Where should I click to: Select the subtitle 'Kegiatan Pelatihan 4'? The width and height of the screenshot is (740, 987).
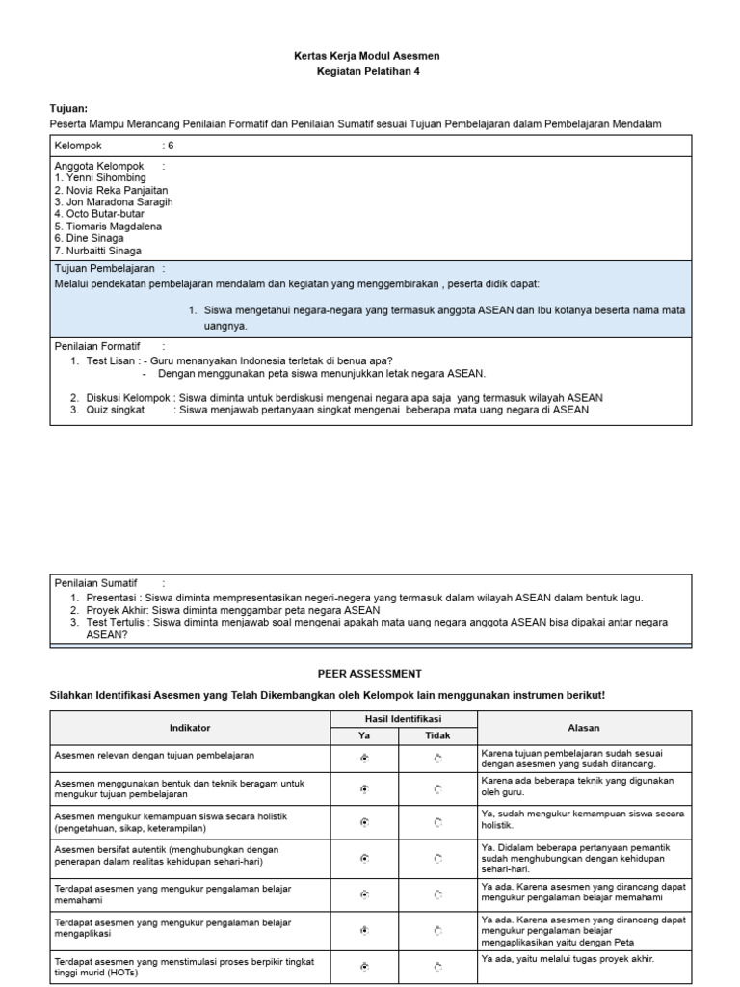pos(369,71)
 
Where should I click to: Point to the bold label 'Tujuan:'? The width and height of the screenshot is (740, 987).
pos(68,108)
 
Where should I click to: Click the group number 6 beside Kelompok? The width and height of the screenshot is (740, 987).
pos(171,146)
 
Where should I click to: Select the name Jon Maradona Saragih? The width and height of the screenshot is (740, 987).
pos(114,202)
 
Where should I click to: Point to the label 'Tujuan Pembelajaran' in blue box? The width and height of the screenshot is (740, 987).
pos(105,268)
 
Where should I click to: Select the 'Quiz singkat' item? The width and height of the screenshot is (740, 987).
pos(117,409)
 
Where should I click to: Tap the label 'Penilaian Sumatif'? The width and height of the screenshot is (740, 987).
pos(96,583)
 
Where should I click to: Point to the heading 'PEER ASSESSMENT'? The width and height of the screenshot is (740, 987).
pos(369,674)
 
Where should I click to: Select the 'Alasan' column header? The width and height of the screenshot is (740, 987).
pos(584,728)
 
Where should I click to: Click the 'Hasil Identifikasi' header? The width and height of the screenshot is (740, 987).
pos(403,720)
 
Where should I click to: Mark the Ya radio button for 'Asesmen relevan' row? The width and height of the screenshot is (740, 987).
pos(364,759)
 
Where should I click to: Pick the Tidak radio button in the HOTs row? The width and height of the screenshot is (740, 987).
pos(438,966)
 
